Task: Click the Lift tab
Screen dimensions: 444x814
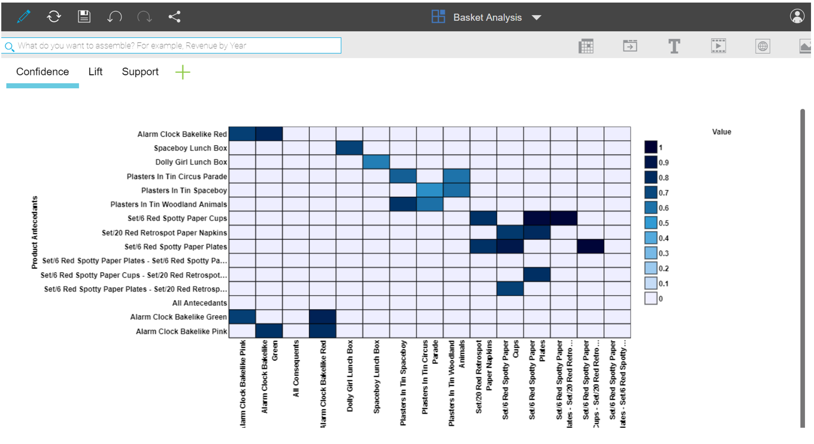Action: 95,72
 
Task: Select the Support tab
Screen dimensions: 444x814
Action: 140,72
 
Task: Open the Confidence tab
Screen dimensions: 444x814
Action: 42,72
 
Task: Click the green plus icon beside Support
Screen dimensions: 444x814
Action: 182,72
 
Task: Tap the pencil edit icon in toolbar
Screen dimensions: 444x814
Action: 24,17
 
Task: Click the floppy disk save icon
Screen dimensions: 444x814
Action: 84,17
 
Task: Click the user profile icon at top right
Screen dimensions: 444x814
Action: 796,17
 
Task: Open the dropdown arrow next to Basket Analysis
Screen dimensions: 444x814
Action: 536,18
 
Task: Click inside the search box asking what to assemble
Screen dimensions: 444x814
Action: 171,46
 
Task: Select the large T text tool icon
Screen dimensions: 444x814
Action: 674,46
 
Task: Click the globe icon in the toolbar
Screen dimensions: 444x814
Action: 762,46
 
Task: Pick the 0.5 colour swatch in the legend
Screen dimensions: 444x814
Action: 650,223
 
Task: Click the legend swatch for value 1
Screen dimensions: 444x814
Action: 650,147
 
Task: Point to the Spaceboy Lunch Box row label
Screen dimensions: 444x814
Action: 190,148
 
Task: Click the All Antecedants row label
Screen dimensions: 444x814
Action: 199,303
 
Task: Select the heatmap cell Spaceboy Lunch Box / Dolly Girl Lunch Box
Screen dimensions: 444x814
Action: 349,148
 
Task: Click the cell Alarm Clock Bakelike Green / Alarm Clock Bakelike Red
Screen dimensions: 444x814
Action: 322,317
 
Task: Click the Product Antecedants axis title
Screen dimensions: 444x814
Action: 34,232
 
